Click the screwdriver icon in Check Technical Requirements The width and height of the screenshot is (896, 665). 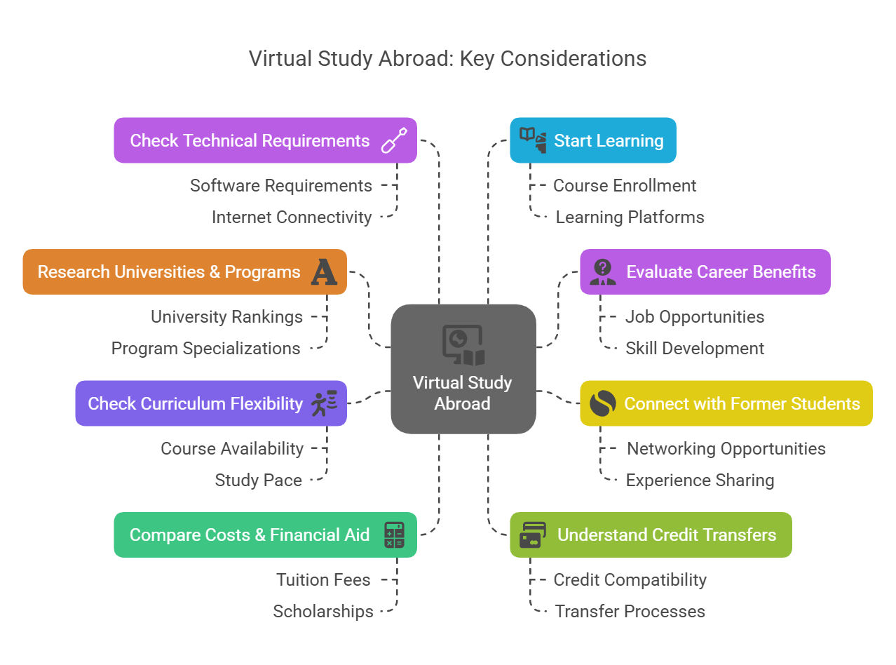pyautogui.click(x=394, y=140)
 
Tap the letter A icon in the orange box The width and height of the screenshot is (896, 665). pyautogui.click(x=324, y=271)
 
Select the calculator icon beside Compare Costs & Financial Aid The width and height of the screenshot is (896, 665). pyautogui.click(x=394, y=535)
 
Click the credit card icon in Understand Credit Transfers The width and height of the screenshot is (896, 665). pyautogui.click(x=532, y=535)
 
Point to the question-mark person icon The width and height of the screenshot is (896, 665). pyautogui.click(x=602, y=271)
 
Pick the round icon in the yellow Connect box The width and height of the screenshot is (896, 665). pyautogui.click(x=602, y=403)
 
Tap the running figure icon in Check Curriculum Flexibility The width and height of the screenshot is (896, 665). pyautogui.click(x=324, y=403)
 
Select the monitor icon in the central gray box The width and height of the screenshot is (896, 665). pyautogui.click(x=463, y=345)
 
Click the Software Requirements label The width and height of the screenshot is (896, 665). pyautogui.click(x=280, y=186)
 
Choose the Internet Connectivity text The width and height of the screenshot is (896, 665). pyautogui.click(x=292, y=217)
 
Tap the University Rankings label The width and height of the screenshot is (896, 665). pyautogui.click(x=226, y=317)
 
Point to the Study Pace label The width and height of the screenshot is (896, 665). pyautogui.click(x=259, y=481)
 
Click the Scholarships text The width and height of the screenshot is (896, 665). pyautogui.click(x=323, y=611)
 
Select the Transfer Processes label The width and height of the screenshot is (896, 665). pyautogui.click(x=630, y=611)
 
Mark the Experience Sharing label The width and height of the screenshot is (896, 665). pyautogui.click(x=700, y=481)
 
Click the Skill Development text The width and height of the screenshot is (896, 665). pyautogui.click(x=695, y=349)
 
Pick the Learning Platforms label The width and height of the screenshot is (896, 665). pyautogui.click(x=630, y=217)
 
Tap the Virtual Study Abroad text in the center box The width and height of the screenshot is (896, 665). pyautogui.click(x=463, y=393)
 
